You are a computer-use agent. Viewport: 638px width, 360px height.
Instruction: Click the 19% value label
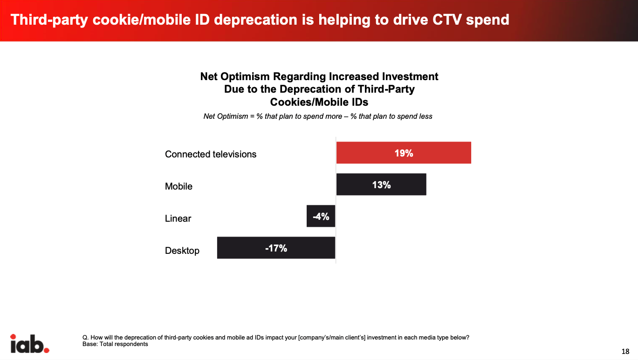404,153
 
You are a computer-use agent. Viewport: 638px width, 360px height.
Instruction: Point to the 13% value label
381,185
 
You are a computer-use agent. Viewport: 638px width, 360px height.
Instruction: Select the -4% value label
321,216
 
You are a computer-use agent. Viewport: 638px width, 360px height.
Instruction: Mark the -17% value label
276,248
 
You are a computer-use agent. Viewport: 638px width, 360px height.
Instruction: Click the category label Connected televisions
211,154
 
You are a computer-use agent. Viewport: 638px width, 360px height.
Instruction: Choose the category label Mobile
178,186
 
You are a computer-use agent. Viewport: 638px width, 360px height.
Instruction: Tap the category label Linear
178,218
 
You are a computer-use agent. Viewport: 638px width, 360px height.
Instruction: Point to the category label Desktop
182,251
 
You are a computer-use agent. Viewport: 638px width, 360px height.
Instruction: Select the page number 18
625,351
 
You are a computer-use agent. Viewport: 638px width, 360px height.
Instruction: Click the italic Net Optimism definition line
318,116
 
